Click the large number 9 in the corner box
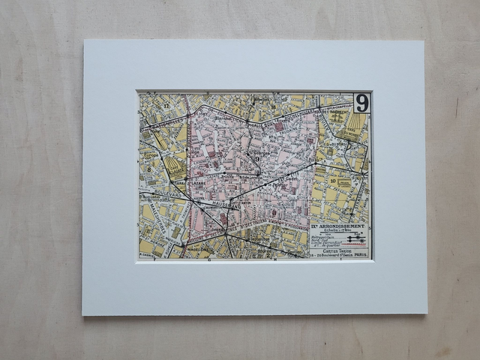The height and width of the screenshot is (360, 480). (x=361, y=103)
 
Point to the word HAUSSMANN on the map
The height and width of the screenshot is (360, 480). (x=225, y=202)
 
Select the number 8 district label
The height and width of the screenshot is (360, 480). (x=149, y=169)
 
